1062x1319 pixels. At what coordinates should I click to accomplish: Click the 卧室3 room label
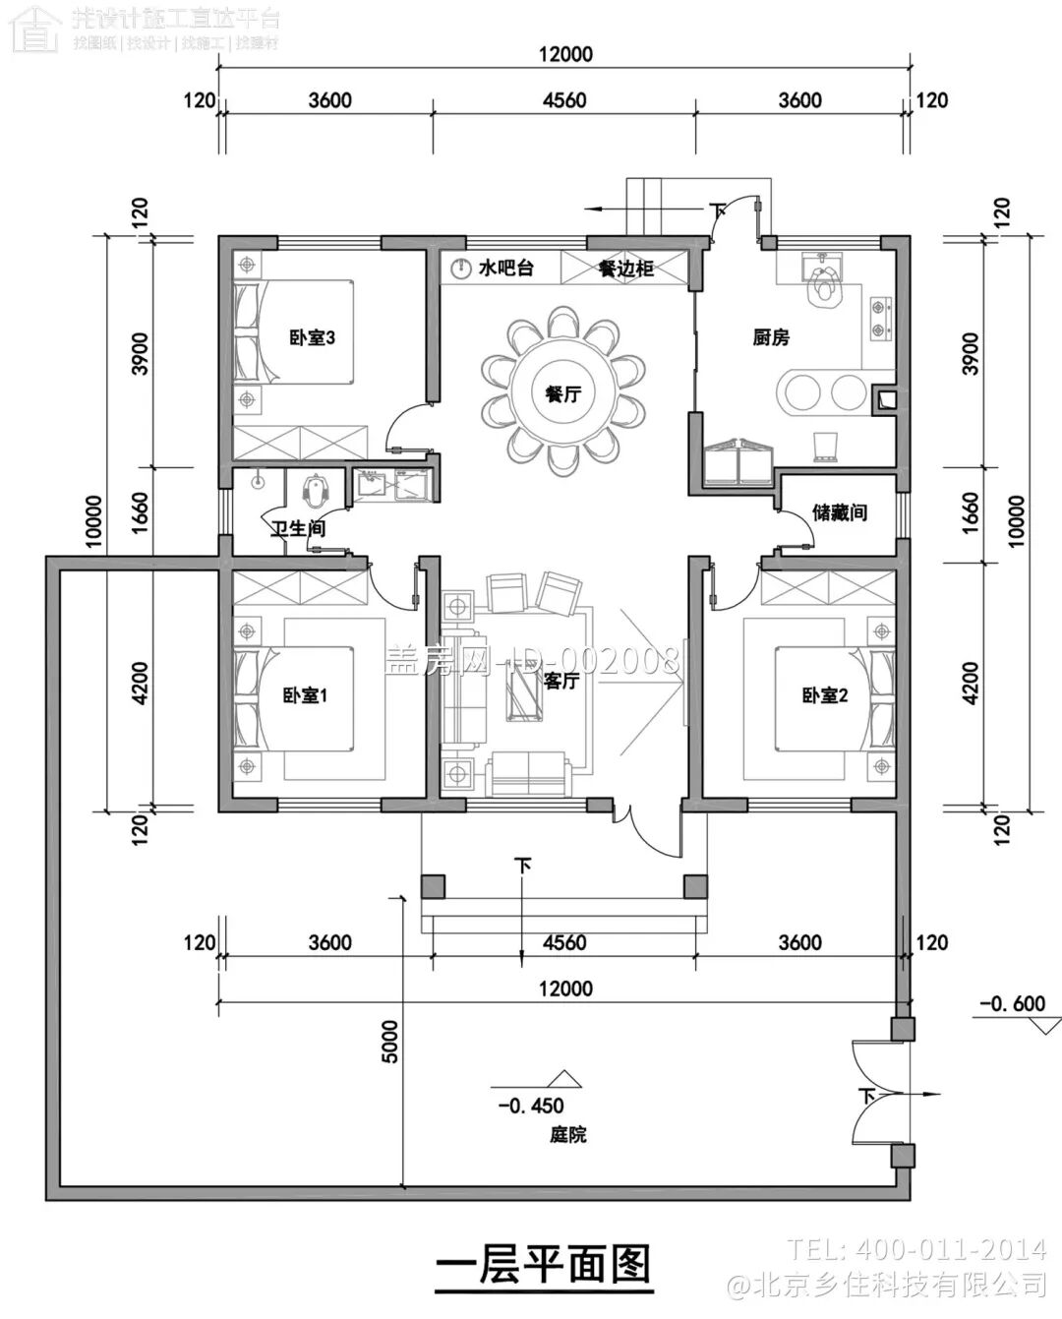point(312,337)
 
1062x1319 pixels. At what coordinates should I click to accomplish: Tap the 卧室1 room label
point(304,695)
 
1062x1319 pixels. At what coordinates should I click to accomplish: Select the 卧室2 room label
point(824,695)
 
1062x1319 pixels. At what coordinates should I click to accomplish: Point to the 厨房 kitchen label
point(771,337)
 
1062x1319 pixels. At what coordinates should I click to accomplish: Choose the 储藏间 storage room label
point(839,512)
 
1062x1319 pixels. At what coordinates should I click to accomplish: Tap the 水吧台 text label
point(504,268)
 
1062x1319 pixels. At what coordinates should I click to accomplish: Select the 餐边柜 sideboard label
point(625,268)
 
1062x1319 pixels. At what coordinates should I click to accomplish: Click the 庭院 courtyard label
point(567,1134)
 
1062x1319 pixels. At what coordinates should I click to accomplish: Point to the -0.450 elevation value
point(531,1106)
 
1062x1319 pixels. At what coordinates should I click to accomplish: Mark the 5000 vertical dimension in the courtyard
point(390,1041)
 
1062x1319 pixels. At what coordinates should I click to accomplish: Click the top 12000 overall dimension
point(565,54)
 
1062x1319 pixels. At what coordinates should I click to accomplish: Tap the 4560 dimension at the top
point(563,100)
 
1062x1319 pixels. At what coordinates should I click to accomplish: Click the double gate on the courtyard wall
point(875,1094)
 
